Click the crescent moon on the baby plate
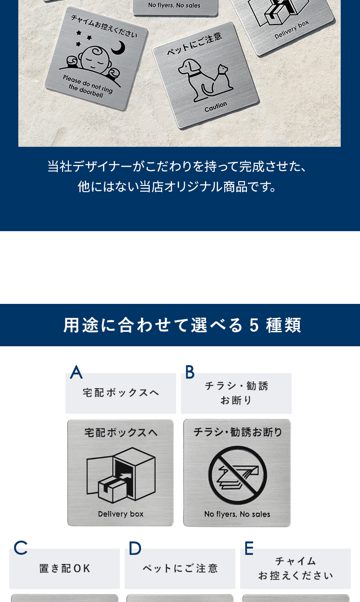click(120, 48)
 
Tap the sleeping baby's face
click(93, 60)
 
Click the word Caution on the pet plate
click(216, 107)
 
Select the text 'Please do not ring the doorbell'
click(87, 86)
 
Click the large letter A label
click(77, 372)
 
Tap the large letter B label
click(190, 372)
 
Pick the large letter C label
click(20, 548)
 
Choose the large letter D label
click(135, 548)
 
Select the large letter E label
click(249, 548)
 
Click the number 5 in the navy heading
click(254, 325)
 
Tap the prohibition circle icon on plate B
click(237, 474)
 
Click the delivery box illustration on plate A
click(121, 475)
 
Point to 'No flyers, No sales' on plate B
click(237, 514)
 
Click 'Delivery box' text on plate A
click(121, 514)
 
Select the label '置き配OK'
click(64, 568)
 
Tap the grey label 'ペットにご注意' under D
click(180, 568)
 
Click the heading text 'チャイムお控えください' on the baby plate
click(104, 26)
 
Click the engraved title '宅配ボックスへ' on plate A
click(121, 432)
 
